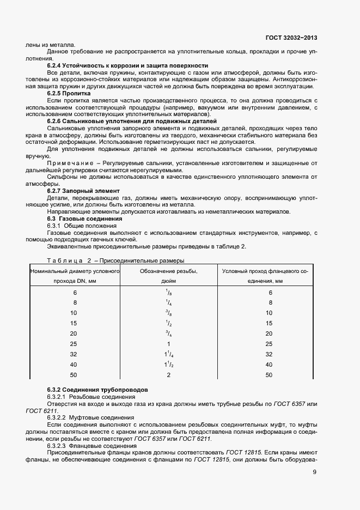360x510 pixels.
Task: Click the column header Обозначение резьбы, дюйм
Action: tap(169, 276)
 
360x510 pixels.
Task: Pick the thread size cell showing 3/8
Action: tap(169, 313)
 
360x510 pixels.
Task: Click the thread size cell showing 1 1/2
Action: tap(169, 364)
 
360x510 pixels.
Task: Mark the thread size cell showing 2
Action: tap(169, 375)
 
